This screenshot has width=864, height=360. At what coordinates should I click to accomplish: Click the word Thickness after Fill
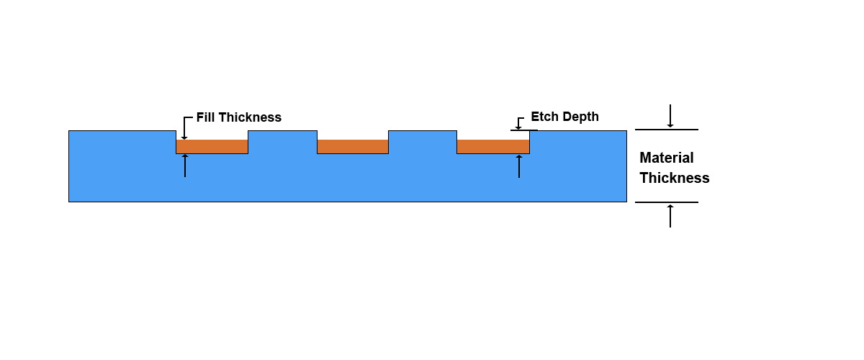pos(251,117)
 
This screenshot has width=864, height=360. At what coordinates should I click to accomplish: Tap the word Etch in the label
pos(544,117)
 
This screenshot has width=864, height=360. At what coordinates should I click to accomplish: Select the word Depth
pos(580,117)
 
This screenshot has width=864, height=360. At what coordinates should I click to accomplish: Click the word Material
pos(667,158)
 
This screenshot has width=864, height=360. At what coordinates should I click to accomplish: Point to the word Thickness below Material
pos(675,178)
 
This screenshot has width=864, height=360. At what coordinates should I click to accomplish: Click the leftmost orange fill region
pos(212,147)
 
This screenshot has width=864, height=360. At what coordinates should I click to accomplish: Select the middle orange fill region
pos(353,147)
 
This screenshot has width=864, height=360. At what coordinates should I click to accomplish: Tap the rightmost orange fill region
pos(493,147)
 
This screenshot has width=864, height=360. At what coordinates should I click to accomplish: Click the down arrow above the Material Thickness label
pos(670,116)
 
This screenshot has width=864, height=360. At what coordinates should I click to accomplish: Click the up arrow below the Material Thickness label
pos(670,216)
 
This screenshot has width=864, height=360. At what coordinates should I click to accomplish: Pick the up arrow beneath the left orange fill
pos(185,166)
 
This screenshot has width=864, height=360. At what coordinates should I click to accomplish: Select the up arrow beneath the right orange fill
pos(519,166)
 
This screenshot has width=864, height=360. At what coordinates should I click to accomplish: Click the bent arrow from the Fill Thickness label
pos(184,127)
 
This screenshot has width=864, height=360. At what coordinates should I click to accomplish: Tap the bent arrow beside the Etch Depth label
pos(519,122)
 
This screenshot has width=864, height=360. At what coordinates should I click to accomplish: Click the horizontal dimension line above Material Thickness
pos(667,130)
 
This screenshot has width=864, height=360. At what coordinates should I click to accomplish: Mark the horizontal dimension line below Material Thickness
pos(667,202)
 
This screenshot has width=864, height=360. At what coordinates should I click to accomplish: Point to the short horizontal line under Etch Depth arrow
pos(524,130)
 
